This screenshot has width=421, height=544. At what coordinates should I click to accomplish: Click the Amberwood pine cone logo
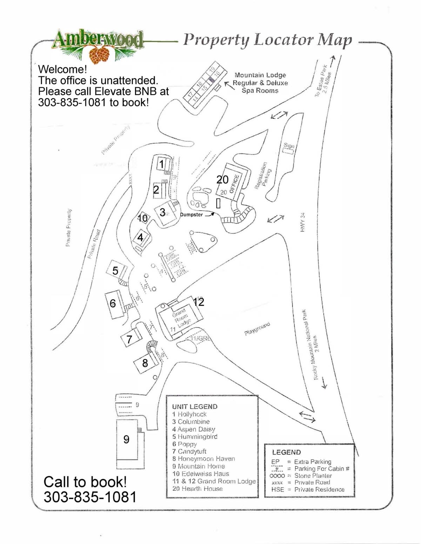[x=99, y=54]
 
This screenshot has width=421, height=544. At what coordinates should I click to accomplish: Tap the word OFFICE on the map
[x=234, y=184]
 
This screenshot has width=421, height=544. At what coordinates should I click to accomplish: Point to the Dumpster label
[x=191, y=215]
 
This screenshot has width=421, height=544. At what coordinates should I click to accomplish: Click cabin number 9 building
[x=127, y=440]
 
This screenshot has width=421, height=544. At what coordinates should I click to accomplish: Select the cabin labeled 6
[x=113, y=304]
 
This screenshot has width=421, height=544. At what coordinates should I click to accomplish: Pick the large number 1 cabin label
[x=162, y=164]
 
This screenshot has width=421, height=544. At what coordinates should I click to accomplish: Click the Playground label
[x=257, y=329]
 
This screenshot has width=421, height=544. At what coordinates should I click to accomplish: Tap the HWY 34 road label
[x=302, y=222]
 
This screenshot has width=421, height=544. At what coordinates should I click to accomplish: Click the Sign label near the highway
[x=289, y=145]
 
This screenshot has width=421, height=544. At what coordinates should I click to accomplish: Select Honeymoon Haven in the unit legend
[x=203, y=459]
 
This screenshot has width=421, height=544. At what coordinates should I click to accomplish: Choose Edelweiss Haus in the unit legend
[x=201, y=474]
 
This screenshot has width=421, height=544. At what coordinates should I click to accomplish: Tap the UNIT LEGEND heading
[x=195, y=407]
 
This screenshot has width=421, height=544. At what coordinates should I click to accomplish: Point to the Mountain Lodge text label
[x=260, y=75]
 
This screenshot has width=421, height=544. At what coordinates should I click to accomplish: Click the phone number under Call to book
[x=90, y=497]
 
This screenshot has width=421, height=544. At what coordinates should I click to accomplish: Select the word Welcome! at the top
[x=62, y=69]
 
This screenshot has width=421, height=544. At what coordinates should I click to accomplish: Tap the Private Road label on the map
[x=94, y=244]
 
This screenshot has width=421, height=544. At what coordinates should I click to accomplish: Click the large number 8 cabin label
[x=145, y=363]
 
